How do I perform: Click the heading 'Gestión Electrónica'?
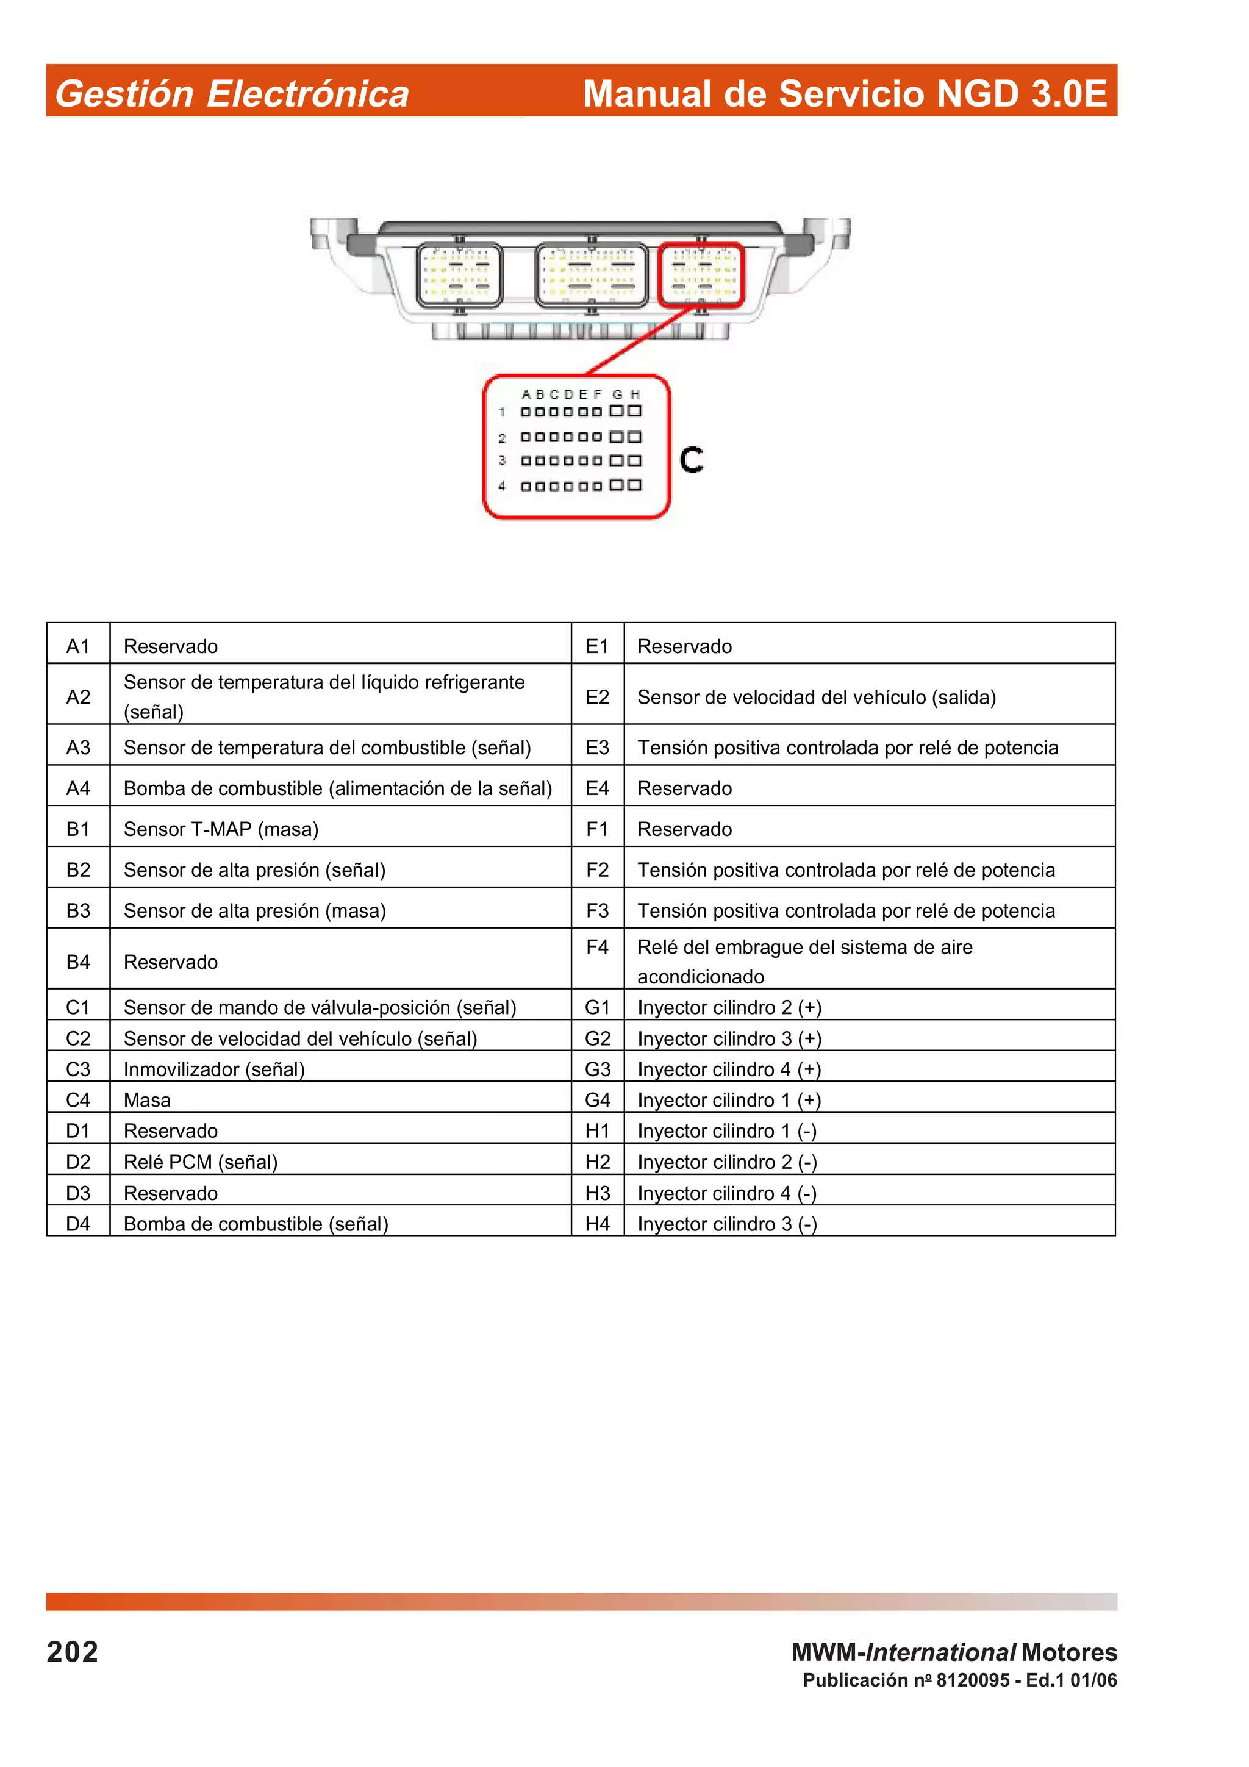point(232,94)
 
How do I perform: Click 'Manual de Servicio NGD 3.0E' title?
point(844,94)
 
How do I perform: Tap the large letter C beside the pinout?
point(691,460)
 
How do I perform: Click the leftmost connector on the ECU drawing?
point(459,276)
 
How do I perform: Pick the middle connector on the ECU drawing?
point(591,276)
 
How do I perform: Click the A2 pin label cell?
point(79,696)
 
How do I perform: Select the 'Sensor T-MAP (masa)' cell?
point(221,829)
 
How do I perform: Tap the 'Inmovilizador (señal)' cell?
point(214,1069)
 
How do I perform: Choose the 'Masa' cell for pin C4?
point(147,1100)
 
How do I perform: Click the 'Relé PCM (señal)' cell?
point(200,1162)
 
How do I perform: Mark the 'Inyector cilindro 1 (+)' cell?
point(729,1100)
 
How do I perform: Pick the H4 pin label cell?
point(597,1224)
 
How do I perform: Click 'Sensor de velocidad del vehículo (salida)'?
point(817,696)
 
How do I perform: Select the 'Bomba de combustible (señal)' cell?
point(256,1224)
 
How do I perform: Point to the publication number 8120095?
point(972,1680)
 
